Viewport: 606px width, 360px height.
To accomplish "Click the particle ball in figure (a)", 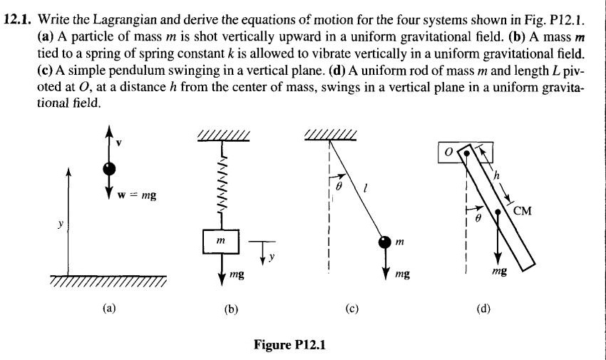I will [109, 169].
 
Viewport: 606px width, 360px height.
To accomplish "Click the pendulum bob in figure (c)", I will [386, 243].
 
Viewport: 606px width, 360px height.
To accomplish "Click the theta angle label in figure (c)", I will [339, 184].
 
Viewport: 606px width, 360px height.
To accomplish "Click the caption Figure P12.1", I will [289, 345].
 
